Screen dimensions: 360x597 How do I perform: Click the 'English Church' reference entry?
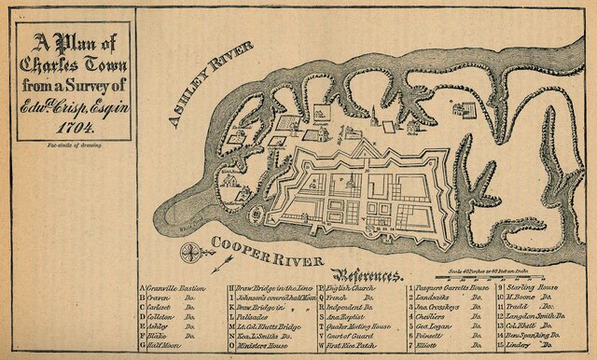(352, 290)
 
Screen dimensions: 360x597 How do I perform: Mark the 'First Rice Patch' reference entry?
(354, 345)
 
